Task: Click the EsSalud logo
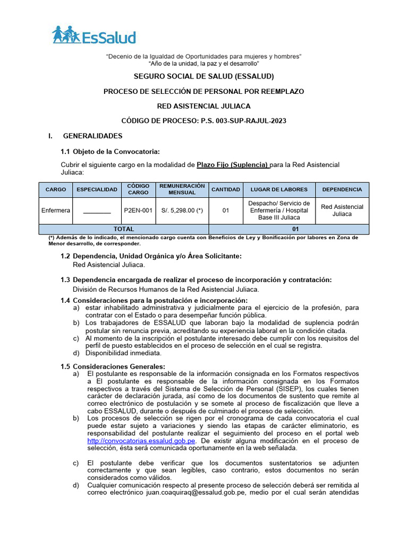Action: (x=94, y=36)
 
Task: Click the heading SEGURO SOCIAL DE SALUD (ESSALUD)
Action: (x=203, y=76)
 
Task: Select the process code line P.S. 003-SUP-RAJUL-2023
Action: (x=203, y=121)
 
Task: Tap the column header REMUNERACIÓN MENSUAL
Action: (x=182, y=189)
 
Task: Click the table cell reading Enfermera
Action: (x=56, y=211)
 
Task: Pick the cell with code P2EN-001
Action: (x=138, y=211)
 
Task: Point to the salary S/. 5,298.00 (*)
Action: (x=182, y=211)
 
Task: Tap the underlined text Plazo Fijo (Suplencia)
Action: (x=233, y=164)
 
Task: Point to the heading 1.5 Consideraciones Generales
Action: (x=113, y=366)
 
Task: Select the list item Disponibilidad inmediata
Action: (x=123, y=353)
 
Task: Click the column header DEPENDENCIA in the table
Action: (x=342, y=189)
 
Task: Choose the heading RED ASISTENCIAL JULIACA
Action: (x=203, y=106)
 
